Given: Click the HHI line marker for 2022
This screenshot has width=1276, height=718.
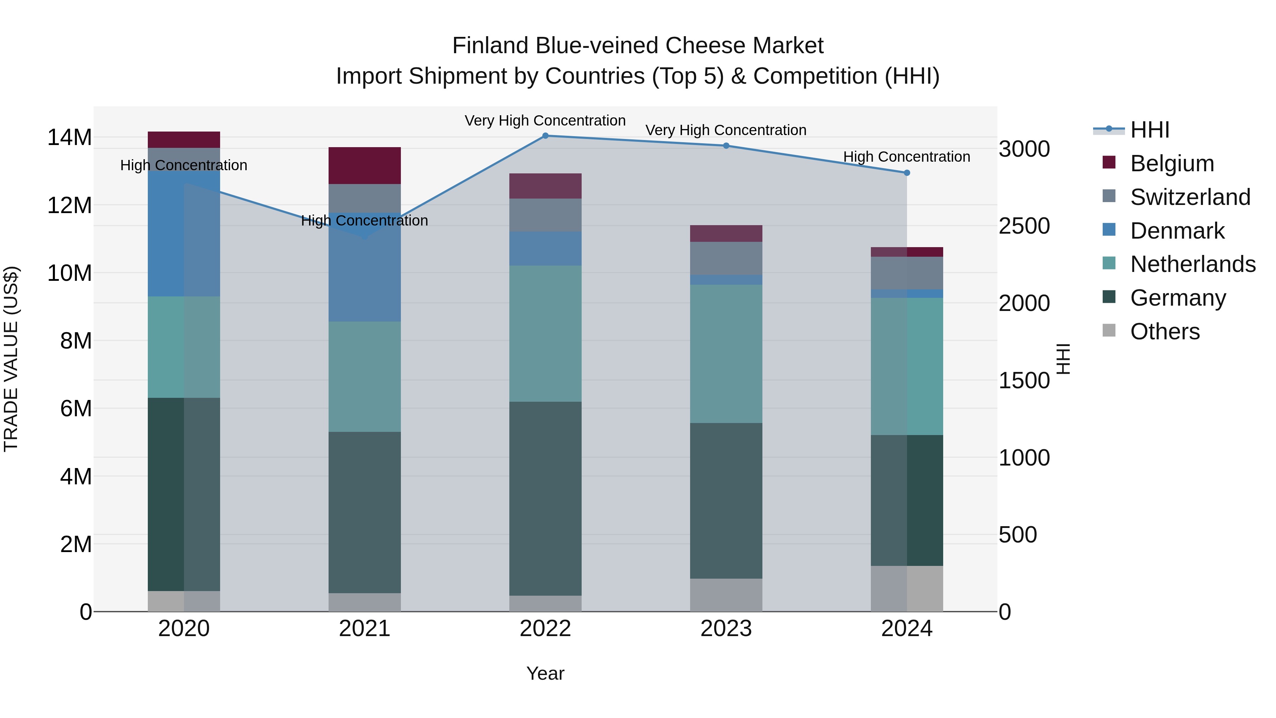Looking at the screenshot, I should coord(545,136).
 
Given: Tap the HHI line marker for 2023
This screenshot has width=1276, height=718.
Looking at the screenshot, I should coord(726,146).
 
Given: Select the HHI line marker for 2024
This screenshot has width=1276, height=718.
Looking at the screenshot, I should coord(907,173).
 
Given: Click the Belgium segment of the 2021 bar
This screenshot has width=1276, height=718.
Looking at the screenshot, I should coord(365,166).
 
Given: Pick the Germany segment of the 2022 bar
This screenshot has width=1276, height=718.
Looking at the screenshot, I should coord(545,498).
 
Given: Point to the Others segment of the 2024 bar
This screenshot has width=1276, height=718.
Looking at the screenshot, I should coord(907,588).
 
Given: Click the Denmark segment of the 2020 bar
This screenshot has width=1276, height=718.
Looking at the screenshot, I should coord(184,233).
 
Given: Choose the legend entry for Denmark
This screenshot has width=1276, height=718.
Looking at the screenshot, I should coord(1177,231).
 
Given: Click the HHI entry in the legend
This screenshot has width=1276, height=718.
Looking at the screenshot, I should coord(1149,130).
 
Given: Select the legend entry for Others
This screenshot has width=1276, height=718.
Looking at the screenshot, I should coord(1165,332).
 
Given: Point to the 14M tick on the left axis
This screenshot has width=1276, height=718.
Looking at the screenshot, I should coord(69,137).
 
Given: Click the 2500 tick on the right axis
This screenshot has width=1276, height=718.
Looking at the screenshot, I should coord(1024,226).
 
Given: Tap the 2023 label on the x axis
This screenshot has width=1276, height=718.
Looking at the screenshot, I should coord(726,629).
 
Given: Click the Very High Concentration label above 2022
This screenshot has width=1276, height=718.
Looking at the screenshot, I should coord(545,121).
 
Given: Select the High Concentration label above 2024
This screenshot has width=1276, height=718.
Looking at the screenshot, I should coord(906,157).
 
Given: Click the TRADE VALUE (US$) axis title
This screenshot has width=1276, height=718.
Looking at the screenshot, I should coord(11,359).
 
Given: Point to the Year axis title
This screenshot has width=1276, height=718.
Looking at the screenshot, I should coord(545,673).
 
